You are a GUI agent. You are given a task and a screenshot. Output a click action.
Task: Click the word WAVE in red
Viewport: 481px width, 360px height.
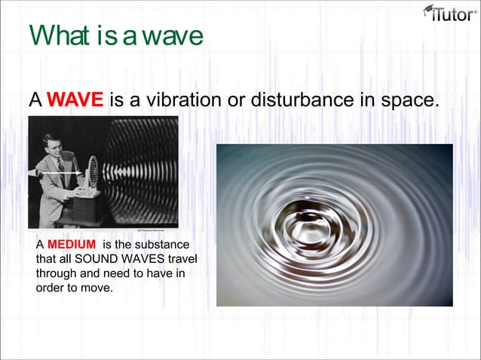point(75,100)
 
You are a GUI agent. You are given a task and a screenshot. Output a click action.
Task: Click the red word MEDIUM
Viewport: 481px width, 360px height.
point(72,246)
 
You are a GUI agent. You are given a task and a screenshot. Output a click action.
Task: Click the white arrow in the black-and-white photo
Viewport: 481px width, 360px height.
point(60,173)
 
